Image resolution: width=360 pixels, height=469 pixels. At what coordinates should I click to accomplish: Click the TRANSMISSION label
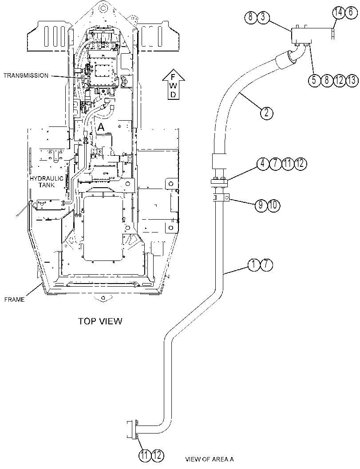(26, 75)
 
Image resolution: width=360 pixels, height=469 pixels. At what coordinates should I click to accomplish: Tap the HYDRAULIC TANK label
(46, 181)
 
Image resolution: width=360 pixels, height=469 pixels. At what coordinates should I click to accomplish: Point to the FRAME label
(14, 300)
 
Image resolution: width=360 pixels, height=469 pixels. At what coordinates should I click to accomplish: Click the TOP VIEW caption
(100, 321)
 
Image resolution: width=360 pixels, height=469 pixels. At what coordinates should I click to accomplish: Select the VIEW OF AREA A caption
(210, 459)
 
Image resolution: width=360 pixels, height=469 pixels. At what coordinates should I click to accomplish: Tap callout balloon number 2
(267, 113)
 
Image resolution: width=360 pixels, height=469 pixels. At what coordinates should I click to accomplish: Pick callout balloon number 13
(352, 80)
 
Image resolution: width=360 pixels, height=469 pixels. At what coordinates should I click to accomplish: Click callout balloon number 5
(314, 80)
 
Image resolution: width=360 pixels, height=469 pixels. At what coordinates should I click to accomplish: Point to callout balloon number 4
(262, 163)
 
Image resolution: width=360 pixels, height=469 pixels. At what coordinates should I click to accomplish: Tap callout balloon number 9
(261, 205)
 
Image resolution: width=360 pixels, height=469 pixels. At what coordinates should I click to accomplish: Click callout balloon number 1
(254, 264)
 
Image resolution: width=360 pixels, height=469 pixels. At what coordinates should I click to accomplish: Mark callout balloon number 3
(263, 17)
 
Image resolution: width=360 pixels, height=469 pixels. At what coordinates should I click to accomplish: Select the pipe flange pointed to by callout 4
(219, 181)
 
